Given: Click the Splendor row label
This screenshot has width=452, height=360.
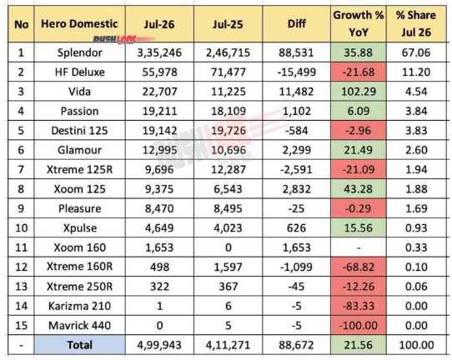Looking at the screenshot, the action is tap(79, 52).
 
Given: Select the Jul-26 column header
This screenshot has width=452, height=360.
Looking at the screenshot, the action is tap(159, 24).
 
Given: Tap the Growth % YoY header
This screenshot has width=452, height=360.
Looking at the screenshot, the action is tap(359, 23).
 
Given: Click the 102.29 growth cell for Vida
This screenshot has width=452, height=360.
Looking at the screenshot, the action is tap(359, 92).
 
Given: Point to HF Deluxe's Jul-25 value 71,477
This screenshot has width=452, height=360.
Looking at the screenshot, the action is tap(228, 72).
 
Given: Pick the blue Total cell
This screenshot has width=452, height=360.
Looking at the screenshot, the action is tap(79, 345).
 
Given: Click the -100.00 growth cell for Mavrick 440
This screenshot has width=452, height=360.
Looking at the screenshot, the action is tap(359, 326).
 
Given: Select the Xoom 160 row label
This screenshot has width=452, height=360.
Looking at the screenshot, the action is tap(79, 247).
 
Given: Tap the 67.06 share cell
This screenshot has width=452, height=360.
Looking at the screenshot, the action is tap(416, 52).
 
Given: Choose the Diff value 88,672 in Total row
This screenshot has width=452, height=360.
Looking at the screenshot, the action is tap(296, 345).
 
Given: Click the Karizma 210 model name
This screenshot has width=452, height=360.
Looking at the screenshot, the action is tap(79, 306).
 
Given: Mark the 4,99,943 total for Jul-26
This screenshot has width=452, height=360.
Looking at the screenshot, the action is tap(159, 345).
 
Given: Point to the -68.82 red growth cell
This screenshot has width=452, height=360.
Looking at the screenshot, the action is tap(359, 267).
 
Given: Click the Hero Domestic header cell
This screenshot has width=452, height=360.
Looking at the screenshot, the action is tap(79, 24).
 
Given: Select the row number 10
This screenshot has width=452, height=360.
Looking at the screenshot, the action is tap(21, 228).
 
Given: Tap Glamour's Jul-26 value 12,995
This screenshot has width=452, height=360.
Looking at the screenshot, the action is tap(159, 150).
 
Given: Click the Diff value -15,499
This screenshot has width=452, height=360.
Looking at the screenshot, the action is tap(296, 72).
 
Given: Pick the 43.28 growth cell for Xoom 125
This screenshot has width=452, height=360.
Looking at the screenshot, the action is tap(359, 189).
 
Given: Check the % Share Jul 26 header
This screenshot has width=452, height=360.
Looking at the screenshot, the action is tap(416, 23).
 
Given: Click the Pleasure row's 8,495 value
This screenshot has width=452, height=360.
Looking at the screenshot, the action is tap(228, 208).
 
